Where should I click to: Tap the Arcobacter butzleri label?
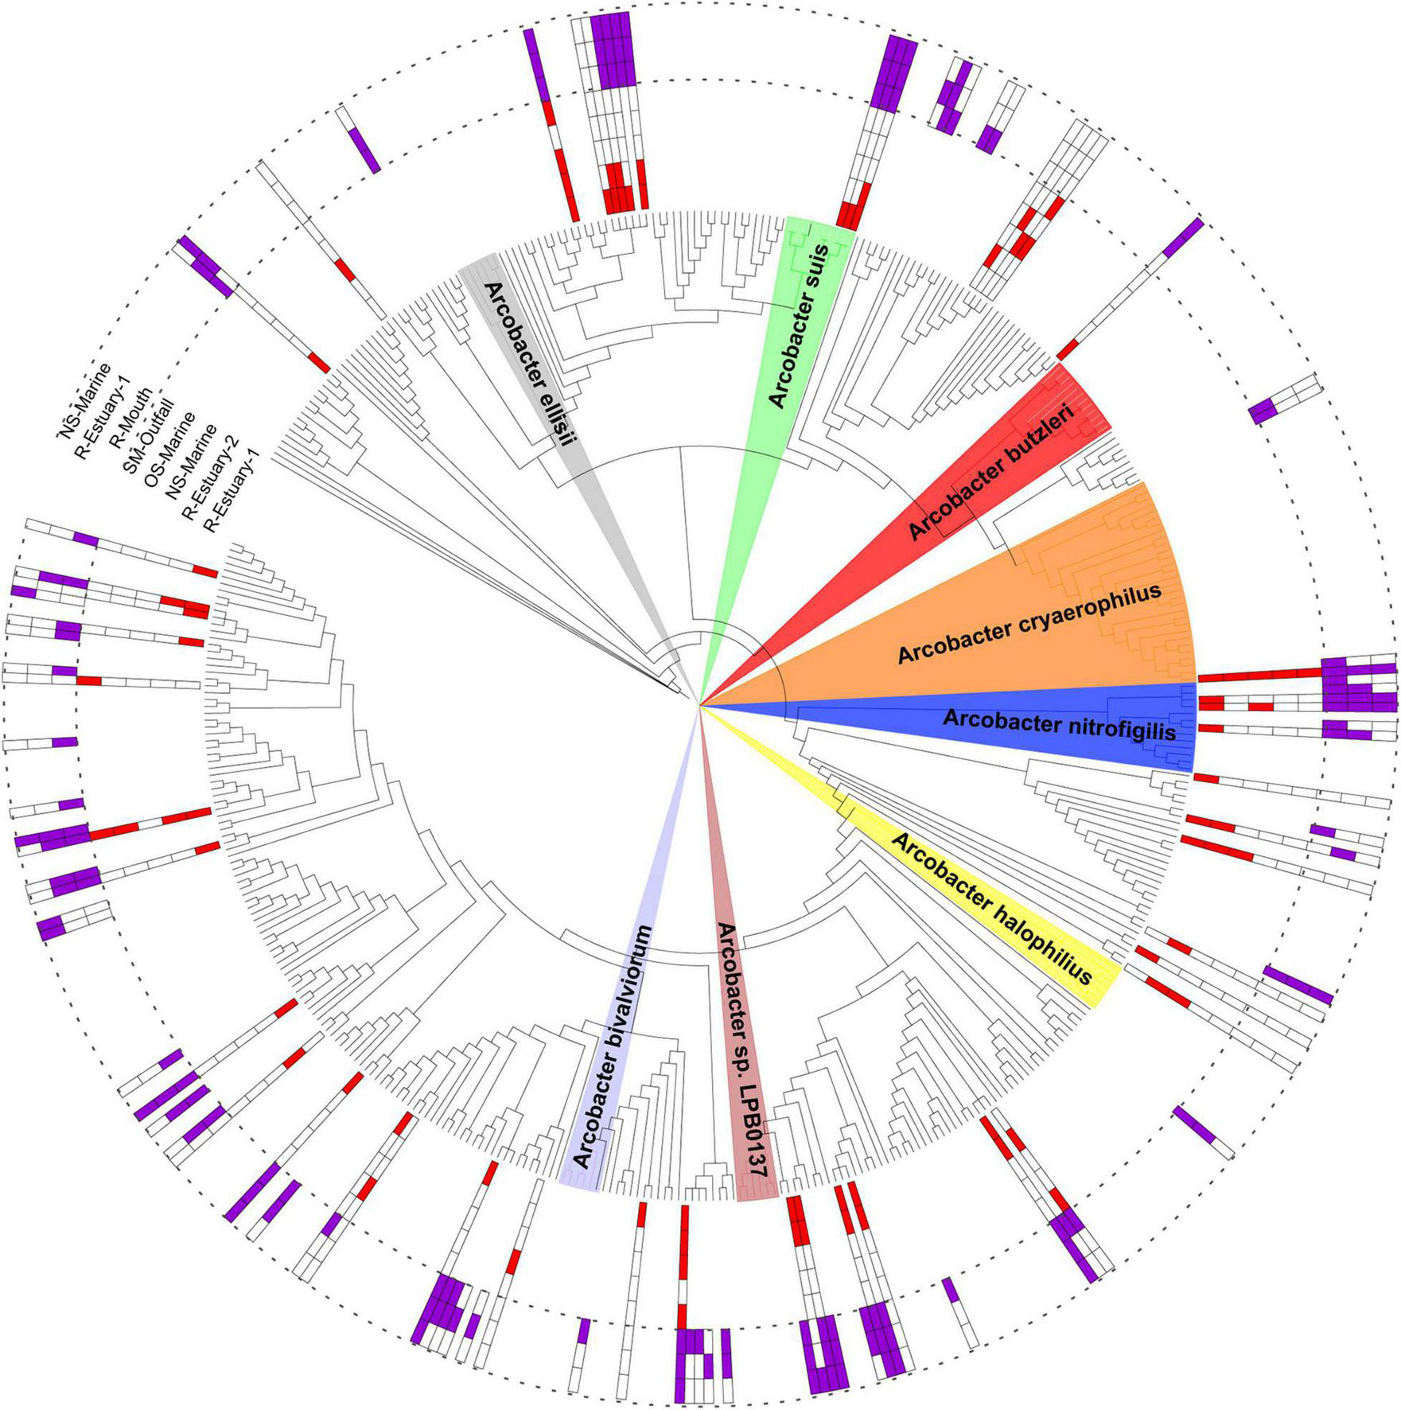coord(990,473)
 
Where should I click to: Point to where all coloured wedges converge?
coord(699,705)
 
